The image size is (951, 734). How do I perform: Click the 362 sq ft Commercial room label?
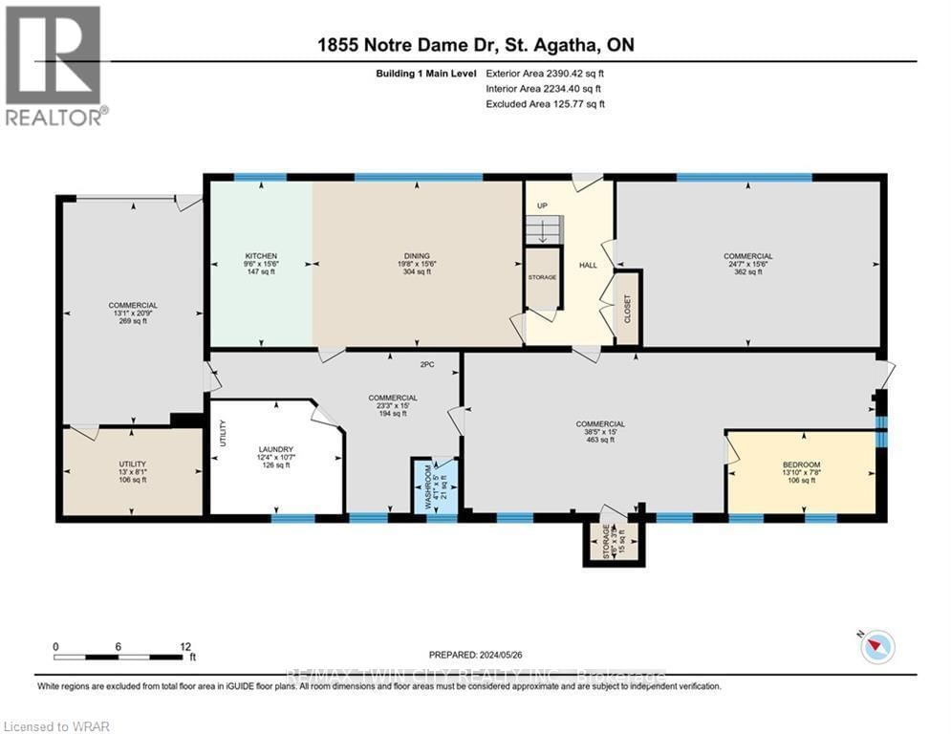tap(747, 264)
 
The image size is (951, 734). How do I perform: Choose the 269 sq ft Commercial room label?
tap(132, 313)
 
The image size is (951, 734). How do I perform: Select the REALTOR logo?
tap(54, 65)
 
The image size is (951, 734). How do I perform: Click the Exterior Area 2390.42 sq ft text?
tap(545, 73)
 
